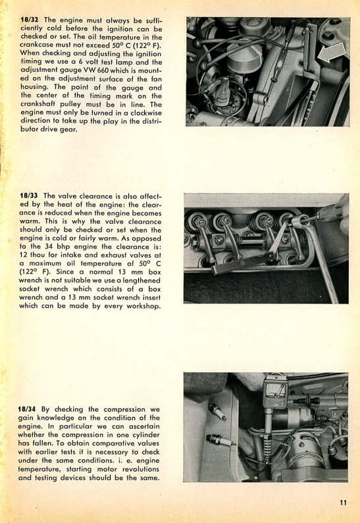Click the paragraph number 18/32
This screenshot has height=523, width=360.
tap(29, 20)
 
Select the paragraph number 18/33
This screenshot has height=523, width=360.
tap(29, 196)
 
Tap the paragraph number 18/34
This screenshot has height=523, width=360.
tap(27, 409)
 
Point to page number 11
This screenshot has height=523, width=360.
tap(343, 503)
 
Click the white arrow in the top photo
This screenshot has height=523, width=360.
tap(332, 53)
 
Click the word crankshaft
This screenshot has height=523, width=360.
tap(38, 104)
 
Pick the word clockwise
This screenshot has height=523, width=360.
tap(145, 113)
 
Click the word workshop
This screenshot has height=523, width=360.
tap(143, 306)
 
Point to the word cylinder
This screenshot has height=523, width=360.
tap(145, 435)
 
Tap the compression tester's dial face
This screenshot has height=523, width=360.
tap(275, 389)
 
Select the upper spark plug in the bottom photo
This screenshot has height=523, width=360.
tap(217, 412)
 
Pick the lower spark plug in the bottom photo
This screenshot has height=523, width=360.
tap(220, 441)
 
